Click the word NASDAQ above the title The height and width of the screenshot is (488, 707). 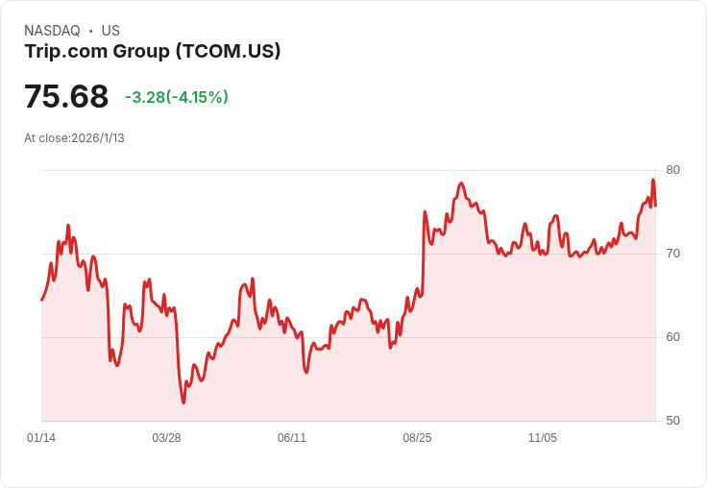click(52, 31)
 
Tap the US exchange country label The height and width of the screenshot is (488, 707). click(110, 31)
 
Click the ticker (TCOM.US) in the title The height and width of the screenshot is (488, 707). click(229, 51)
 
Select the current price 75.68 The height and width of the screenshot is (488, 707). click(66, 96)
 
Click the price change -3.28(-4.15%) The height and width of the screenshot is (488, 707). click(177, 97)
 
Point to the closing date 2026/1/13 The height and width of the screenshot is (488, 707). click(98, 138)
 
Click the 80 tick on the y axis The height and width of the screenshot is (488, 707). click(672, 170)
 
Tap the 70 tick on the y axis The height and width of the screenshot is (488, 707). click(672, 254)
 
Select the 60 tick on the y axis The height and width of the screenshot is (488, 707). click(672, 337)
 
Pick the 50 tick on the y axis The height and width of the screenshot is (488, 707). click(672, 421)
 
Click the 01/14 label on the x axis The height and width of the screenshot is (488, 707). click(41, 438)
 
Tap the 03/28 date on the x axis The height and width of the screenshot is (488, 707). click(166, 438)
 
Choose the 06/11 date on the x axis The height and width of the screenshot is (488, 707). click(292, 438)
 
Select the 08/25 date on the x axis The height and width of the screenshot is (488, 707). click(417, 438)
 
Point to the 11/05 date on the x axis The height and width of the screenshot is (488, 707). click(543, 438)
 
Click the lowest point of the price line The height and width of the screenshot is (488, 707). click(183, 403)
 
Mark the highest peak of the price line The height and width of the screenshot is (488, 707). click(653, 180)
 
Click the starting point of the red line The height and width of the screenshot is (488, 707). click(42, 300)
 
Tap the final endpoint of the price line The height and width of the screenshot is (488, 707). click(655, 206)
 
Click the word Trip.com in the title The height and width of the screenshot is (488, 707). click(66, 51)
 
